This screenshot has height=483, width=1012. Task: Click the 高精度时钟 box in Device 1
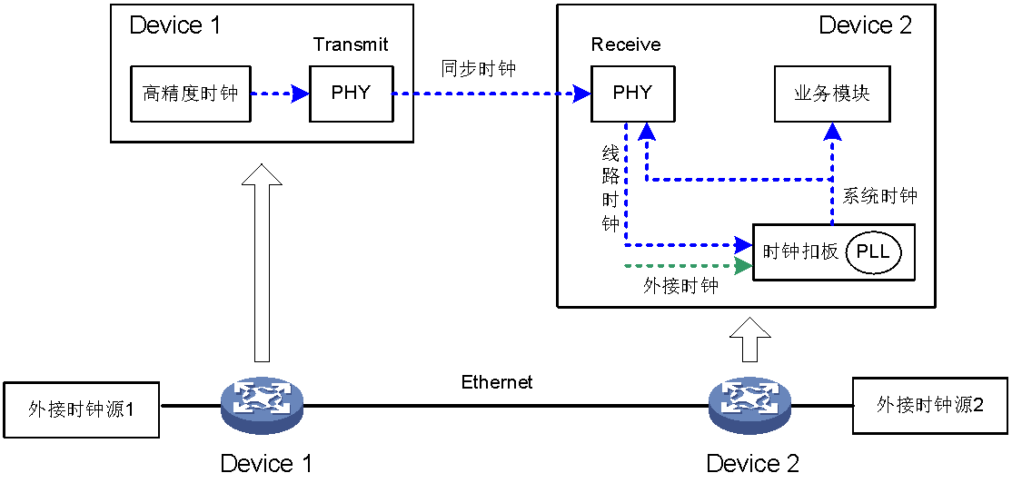[190, 94]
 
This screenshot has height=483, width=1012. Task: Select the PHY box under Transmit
[351, 94]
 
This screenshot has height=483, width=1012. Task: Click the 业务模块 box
[832, 94]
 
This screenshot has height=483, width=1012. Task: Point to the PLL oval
[873, 251]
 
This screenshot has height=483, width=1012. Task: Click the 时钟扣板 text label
[800, 251]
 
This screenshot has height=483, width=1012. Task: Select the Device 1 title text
[174, 25]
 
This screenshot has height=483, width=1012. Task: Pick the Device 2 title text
[865, 25]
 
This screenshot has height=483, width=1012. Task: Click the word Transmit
[351, 45]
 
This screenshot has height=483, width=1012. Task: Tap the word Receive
[626, 45]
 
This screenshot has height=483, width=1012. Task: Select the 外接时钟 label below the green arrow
[680, 286]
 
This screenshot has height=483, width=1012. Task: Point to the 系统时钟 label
[879, 196]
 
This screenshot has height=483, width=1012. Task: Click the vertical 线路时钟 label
[610, 188]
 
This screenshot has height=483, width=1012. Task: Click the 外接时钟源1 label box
[82, 409]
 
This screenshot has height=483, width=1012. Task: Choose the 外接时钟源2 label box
[929, 405]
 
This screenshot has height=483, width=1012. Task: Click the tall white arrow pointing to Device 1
[263, 263]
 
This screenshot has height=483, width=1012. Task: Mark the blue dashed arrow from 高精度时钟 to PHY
[279, 94]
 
